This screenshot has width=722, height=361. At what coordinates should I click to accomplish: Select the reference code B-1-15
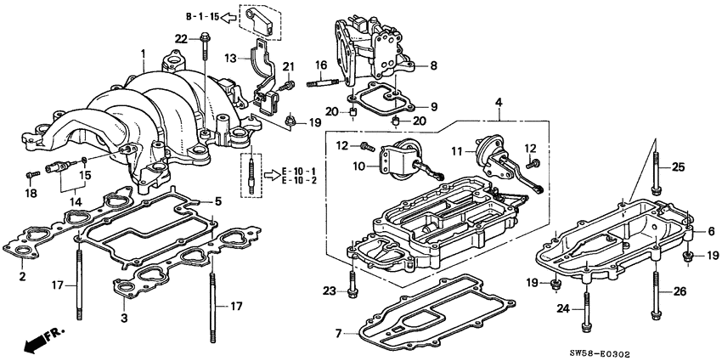click(x=202, y=16)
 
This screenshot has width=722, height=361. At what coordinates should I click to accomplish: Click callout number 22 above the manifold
click(x=181, y=38)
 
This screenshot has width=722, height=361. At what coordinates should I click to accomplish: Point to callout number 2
click(x=21, y=277)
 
